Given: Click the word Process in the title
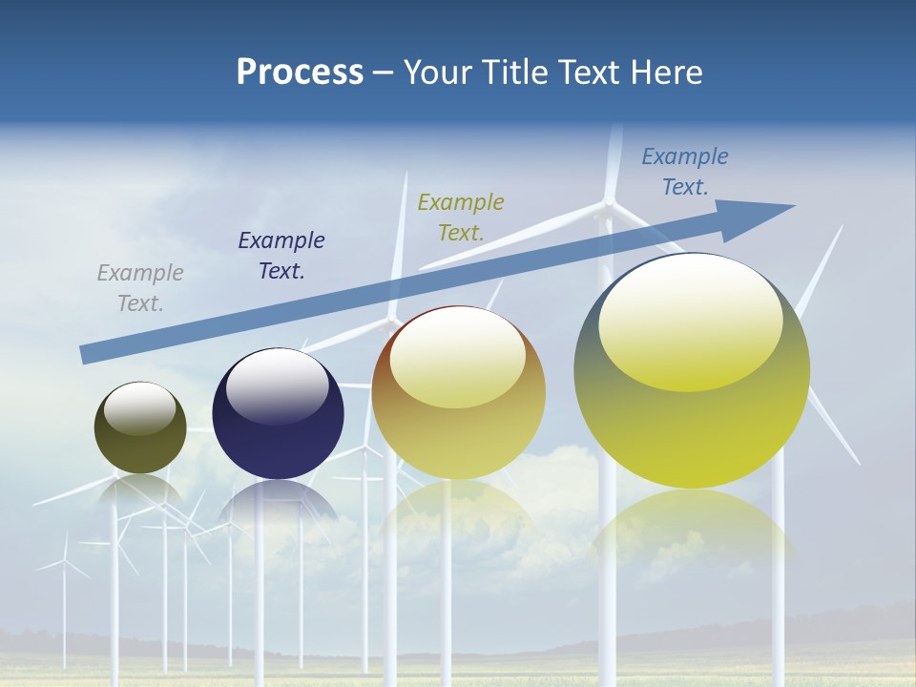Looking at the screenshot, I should (x=300, y=73).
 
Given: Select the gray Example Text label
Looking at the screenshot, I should (x=140, y=288).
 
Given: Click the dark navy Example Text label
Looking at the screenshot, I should (x=281, y=256).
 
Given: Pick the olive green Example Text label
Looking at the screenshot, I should (x=461, y=217).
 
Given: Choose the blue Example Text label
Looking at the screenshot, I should (x=685, y=172).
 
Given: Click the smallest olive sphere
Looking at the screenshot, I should (x=140, y=439).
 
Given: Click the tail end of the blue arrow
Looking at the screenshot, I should (x=86, y=354).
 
